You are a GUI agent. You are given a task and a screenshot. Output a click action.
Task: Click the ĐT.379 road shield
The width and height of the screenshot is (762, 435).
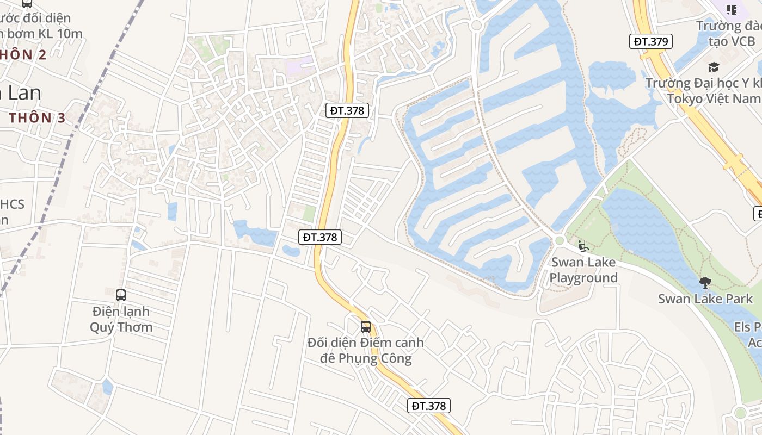(x=651, y=41)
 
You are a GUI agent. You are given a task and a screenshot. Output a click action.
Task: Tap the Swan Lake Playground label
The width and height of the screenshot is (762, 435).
(x=583, y=270)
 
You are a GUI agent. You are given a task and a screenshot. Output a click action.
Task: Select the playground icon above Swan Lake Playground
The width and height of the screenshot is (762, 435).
(x=583, y=246)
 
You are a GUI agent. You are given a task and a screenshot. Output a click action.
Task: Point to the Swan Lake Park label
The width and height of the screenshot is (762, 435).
(x=705, y=299)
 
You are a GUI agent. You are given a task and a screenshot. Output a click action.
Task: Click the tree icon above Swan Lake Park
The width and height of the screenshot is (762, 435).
(x=705, y=283)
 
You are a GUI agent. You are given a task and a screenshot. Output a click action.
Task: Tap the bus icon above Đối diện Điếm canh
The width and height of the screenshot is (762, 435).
(x=366, y=327)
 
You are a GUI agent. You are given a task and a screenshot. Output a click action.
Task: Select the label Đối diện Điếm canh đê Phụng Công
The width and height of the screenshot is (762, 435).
(x=366, y=351)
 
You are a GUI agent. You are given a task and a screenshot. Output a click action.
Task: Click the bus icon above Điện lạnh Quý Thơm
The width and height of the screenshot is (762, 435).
(x=121, y=295)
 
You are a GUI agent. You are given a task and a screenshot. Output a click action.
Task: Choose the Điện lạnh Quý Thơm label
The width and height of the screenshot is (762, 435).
(x=121, y=319)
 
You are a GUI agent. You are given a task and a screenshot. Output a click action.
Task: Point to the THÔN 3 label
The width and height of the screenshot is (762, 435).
(x=37, y=117)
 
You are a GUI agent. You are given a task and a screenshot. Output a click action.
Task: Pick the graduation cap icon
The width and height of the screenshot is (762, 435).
(x=714, y=67)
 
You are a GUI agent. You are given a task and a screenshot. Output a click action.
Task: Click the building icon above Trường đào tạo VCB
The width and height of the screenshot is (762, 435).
(x=732, y=9)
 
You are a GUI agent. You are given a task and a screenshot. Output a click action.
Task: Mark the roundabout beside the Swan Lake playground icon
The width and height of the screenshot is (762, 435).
(x=560, y=241)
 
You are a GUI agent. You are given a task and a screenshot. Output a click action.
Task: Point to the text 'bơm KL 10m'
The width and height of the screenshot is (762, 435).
(x=46, y=33)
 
